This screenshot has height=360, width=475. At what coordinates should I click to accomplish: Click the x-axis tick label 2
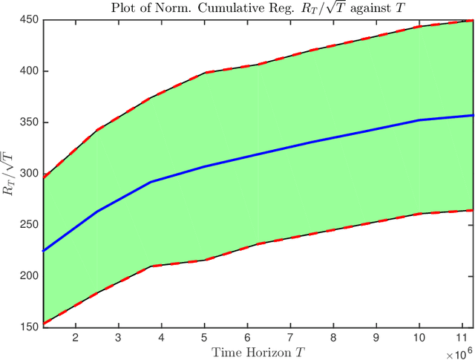(75, 337)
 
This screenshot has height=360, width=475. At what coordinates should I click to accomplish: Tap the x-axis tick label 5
(204, 337)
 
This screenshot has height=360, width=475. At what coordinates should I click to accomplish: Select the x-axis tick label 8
(334, 337)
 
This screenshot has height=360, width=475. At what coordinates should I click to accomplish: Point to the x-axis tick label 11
(462, 337)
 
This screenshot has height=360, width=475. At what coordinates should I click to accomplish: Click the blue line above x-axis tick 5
(204, 166)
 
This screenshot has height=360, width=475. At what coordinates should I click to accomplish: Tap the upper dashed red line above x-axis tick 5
(204, 73)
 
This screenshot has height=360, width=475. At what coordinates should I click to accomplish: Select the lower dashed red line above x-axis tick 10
(419, 214)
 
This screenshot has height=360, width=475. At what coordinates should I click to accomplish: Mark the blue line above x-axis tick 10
(419, 120)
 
